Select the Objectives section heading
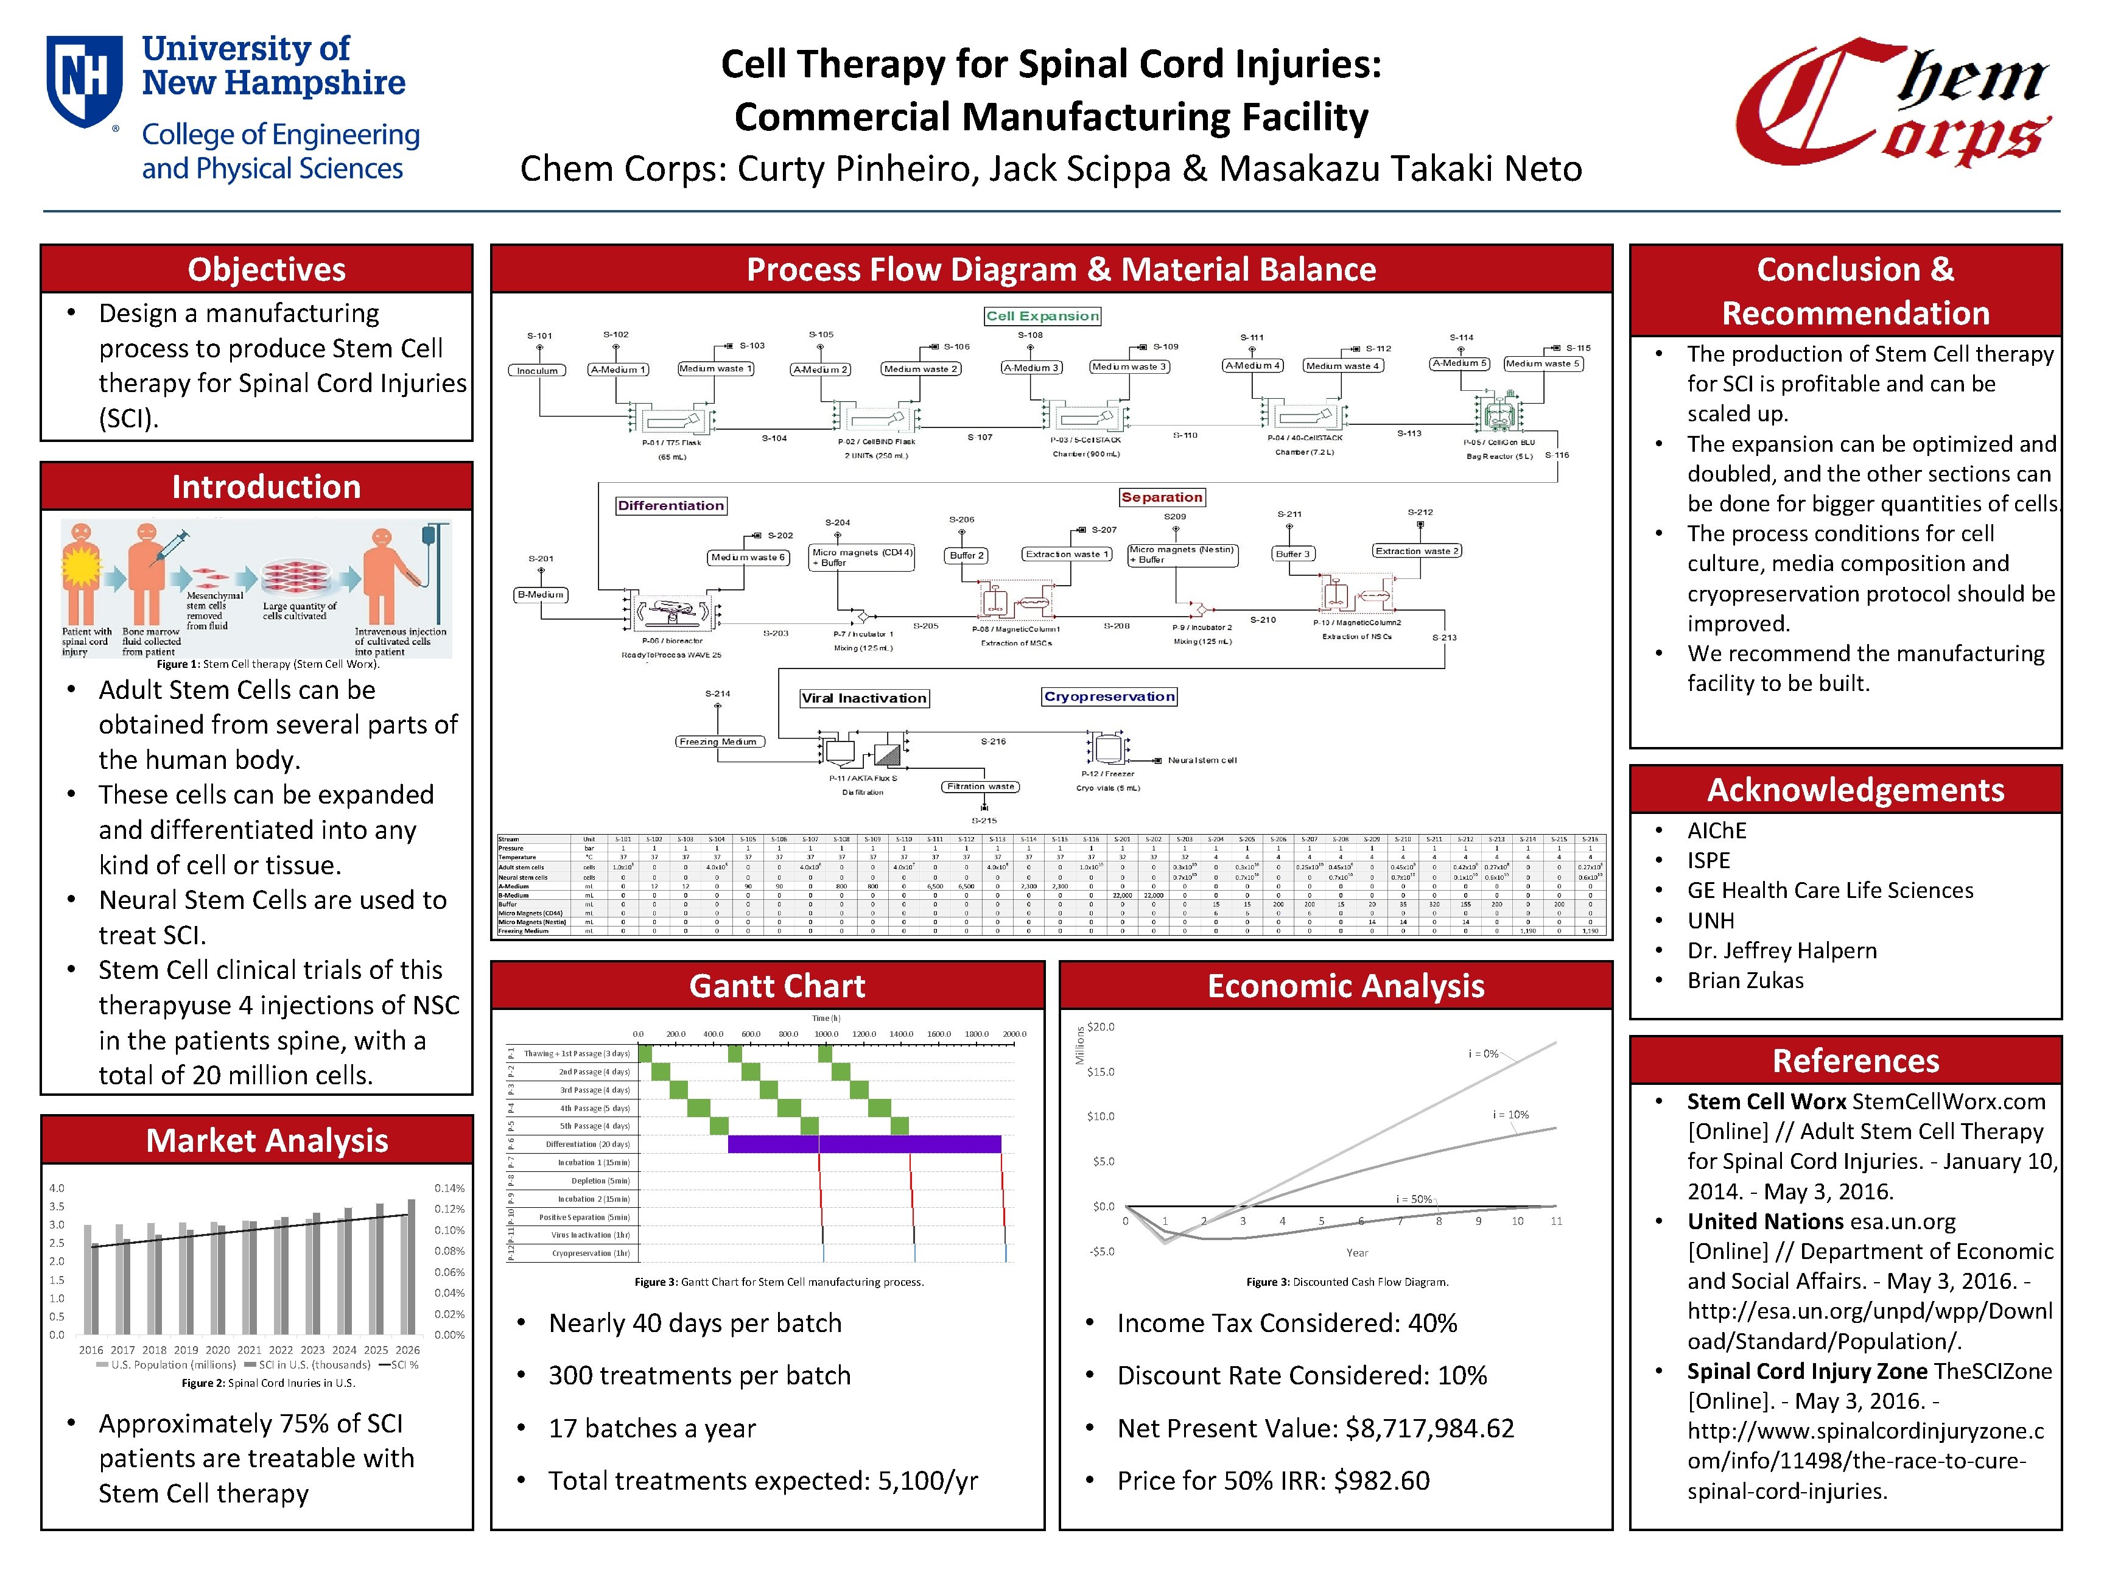coord(266,269)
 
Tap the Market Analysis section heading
coord(266,1140)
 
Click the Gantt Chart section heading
coord(777,986)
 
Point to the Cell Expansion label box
coord(1042,316)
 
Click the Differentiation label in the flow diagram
coord(670,505)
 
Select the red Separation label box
coord(1162,497)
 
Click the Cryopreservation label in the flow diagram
coord(1109,696)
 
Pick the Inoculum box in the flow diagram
coord(538,370)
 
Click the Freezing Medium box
coord(718,741)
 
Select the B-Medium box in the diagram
coord(540,594)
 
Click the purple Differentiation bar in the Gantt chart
coord(864,1145)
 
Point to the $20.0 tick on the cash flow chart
coord(1101,1027)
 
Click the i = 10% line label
coord(1510,1114)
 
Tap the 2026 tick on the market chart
coord(407,1348)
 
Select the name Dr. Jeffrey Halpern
coord(1781,950)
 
